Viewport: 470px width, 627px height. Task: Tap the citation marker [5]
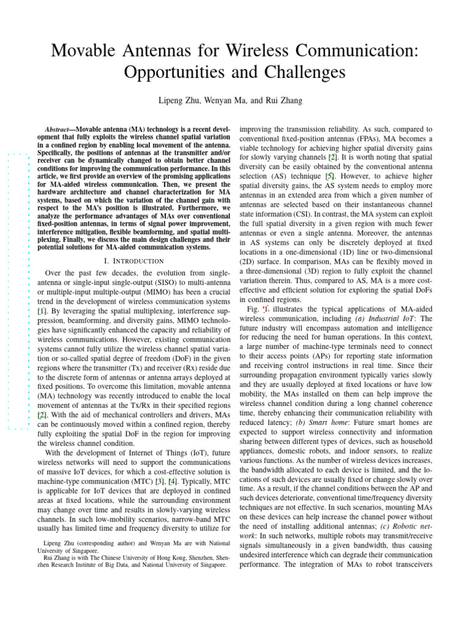point(329,166)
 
